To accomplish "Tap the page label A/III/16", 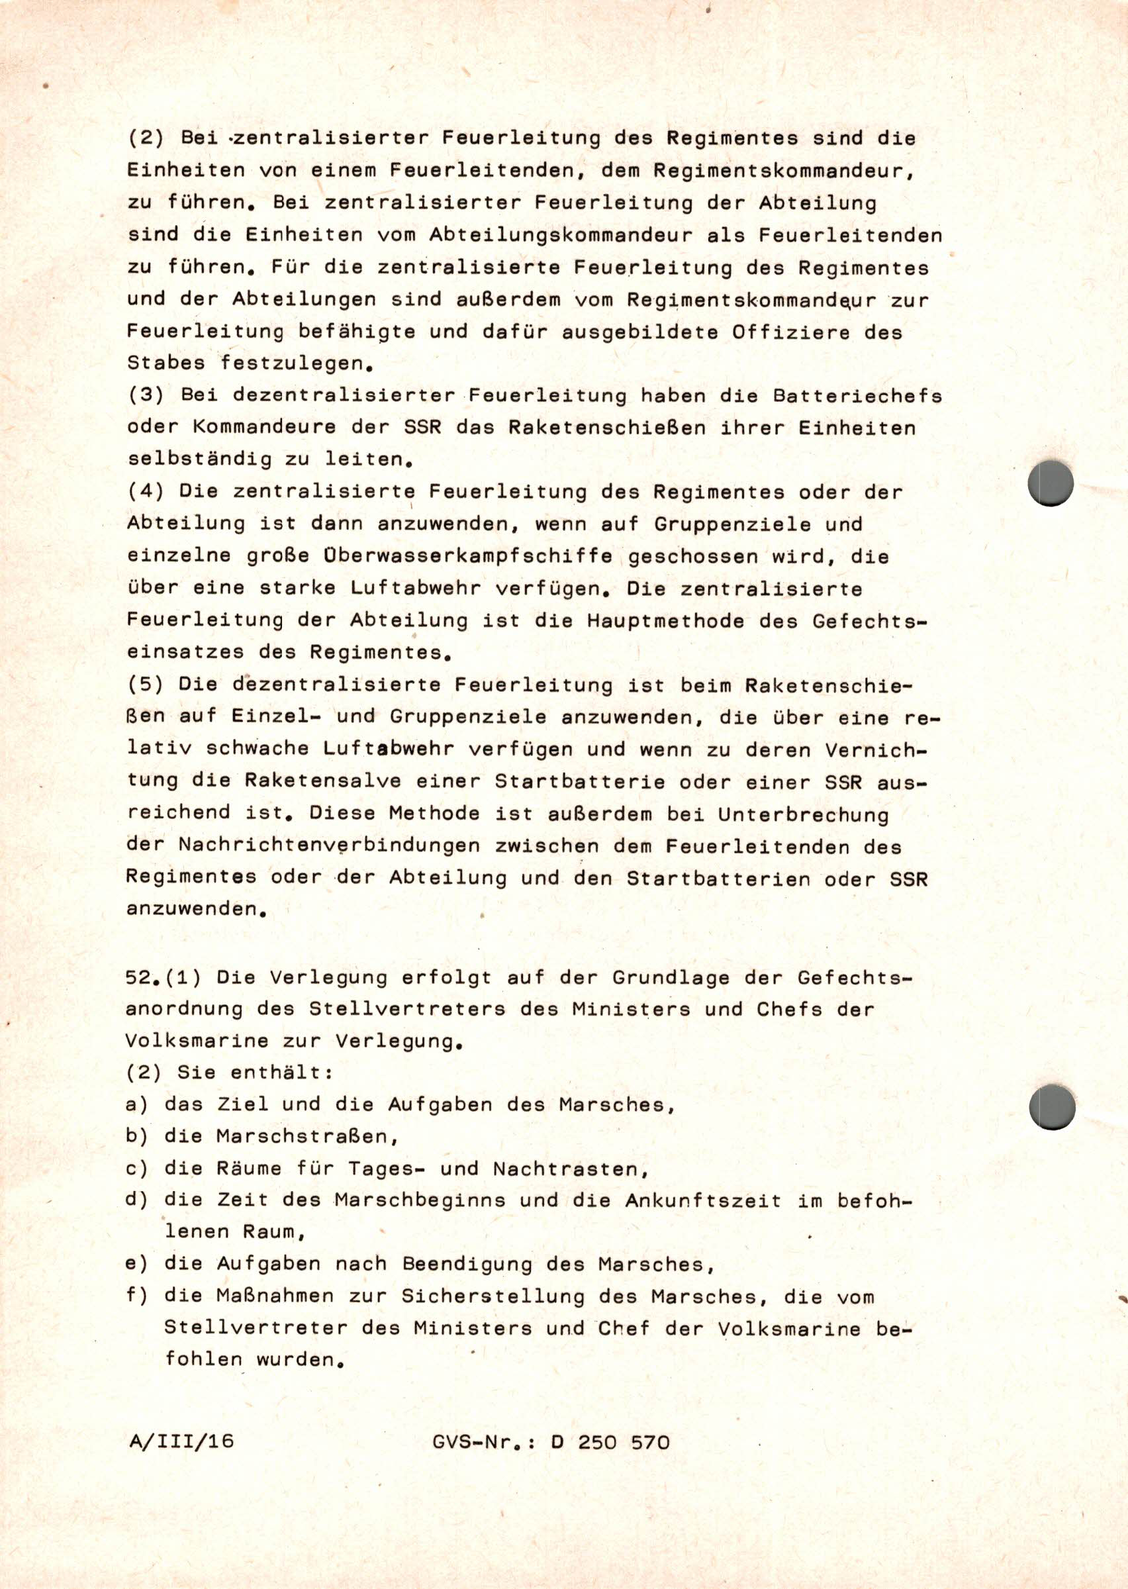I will pos(181,1441).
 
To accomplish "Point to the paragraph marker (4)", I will pos(146,491).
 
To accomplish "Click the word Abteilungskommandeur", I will pos(561,235).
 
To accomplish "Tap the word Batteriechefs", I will pos(857,396).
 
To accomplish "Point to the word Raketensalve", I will pos(322,781).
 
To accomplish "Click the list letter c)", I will pos(136,1169).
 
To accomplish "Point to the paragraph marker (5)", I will pos(146,684).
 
